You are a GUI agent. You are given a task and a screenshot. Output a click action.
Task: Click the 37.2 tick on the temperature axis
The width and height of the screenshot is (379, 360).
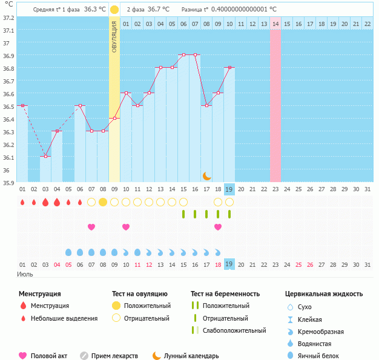pyautogui.click(x=8, y=18)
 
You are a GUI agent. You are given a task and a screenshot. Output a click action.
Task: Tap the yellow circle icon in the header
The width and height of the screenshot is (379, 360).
pyautogui.click(x=114, y=10)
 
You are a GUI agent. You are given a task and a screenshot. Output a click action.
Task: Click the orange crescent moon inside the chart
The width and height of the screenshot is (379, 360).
pyautogui.click(x=207, y=175)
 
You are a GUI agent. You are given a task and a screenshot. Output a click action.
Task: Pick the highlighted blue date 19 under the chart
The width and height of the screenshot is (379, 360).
pyautogui.click(x=229, y=189)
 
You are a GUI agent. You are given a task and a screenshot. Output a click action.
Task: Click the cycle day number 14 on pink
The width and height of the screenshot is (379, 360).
pyautogui.click(x=275, y=24)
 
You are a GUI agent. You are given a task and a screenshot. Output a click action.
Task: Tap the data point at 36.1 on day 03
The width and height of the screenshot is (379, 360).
pyautogui.click(x=45, y=156)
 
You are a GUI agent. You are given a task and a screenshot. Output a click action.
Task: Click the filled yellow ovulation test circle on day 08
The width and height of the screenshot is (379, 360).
pyautogui.click(x=103, y=201)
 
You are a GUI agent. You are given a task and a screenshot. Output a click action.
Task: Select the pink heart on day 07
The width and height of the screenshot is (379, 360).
pyautogui.click(x=91, y=227)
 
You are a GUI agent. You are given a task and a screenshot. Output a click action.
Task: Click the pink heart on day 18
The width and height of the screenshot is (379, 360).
pyautogui.click(x=218, y=227)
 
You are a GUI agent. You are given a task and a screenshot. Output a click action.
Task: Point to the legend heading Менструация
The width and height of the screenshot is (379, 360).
pyautogui.click(x=39, y=294)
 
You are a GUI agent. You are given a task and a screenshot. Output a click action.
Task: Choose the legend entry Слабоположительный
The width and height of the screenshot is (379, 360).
pyautogui.click(x=236, y=330)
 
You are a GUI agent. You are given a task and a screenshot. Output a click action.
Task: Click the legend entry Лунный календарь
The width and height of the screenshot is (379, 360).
pyautogui.click(x=191, y=356)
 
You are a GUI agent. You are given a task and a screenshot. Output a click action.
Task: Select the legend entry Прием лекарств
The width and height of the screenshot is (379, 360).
pyautogui.click(x=114, y=356)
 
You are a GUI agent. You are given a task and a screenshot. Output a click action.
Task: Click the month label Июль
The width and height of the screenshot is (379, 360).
pyautogui.click(x=24, y=274)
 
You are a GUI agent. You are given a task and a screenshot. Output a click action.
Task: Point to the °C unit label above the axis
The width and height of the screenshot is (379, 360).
pyautogui.click(x=8, y=4)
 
